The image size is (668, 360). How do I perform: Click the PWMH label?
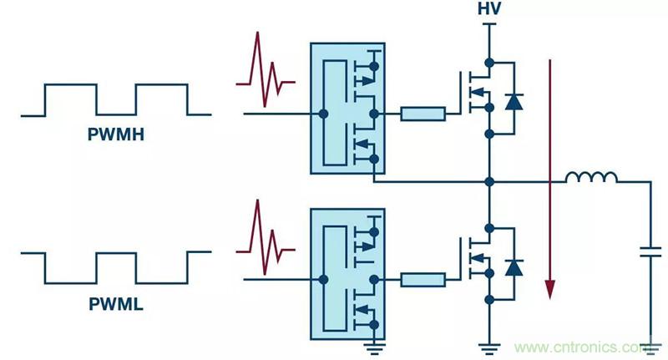click(x=116, y=134)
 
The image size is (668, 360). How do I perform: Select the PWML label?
click(x=116, y=305)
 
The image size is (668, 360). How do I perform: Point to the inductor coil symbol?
click(x=592, y=177)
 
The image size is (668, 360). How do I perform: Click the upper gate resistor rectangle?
click(x=423, y=114)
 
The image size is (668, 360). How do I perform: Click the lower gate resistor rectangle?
click(x=423, y=279)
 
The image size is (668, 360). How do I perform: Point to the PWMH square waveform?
click(x=116, y=99)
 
